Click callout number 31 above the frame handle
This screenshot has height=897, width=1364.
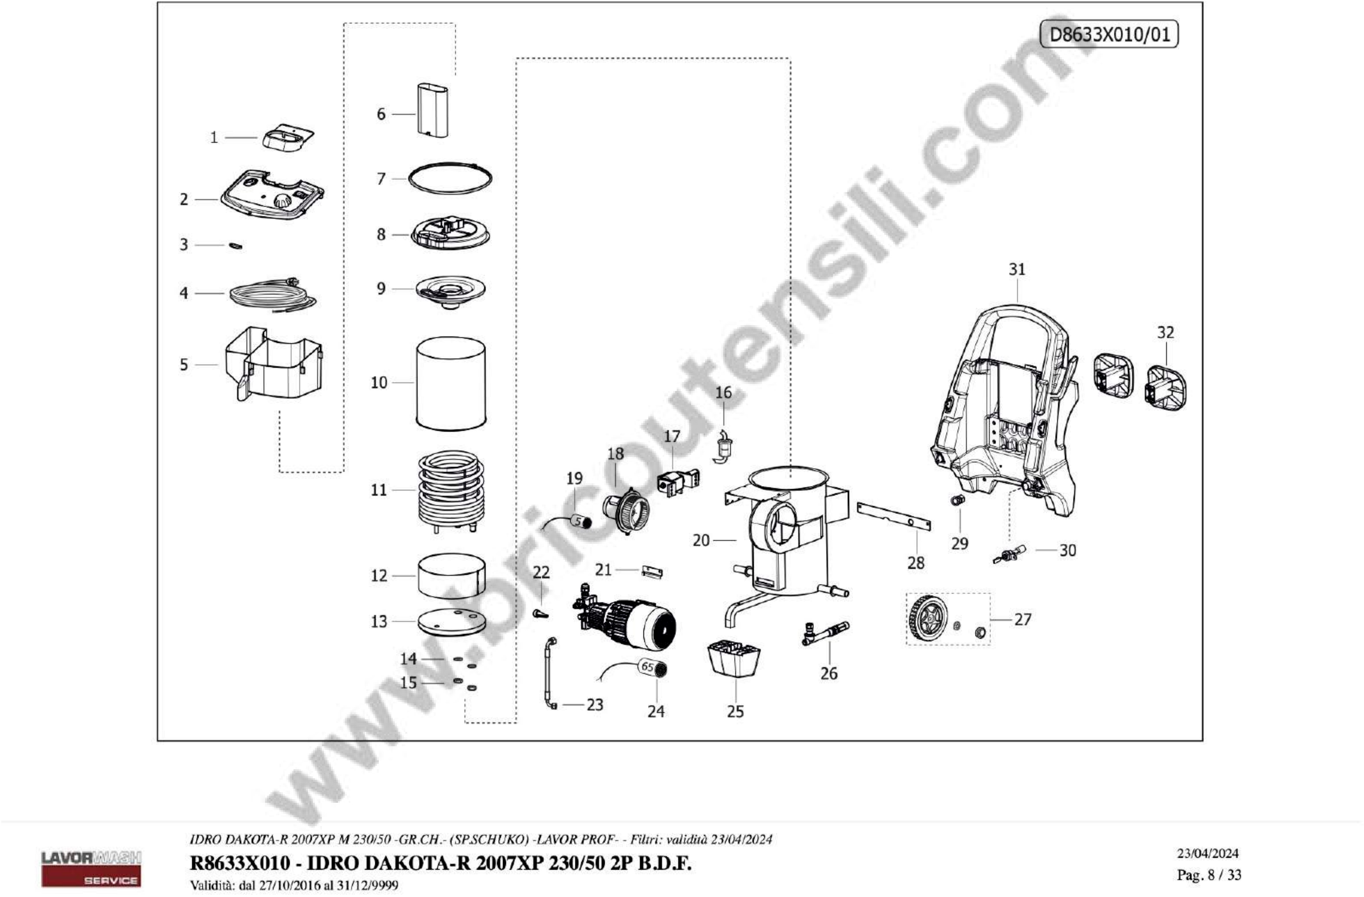[1017, 269]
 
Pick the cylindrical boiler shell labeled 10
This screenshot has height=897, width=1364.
[451, 382]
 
